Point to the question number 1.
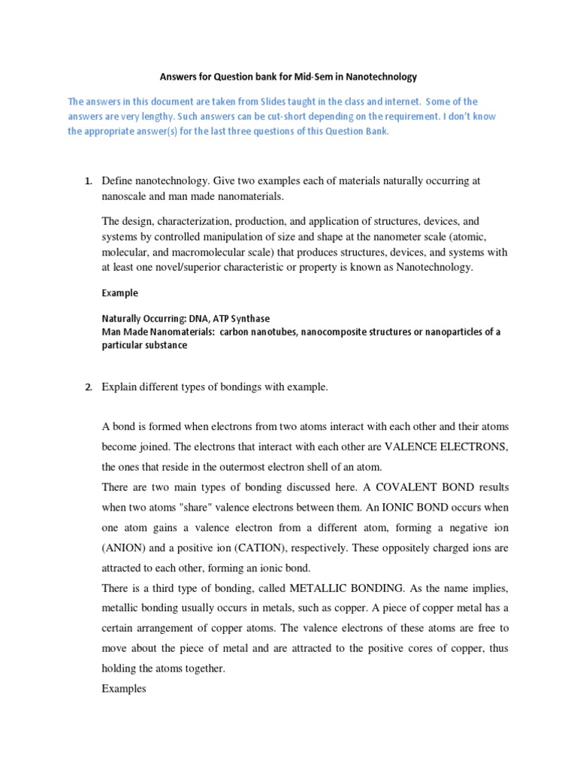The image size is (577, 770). (87, 181)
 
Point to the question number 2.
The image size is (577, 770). (87, 387)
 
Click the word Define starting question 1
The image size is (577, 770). (117, 181)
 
